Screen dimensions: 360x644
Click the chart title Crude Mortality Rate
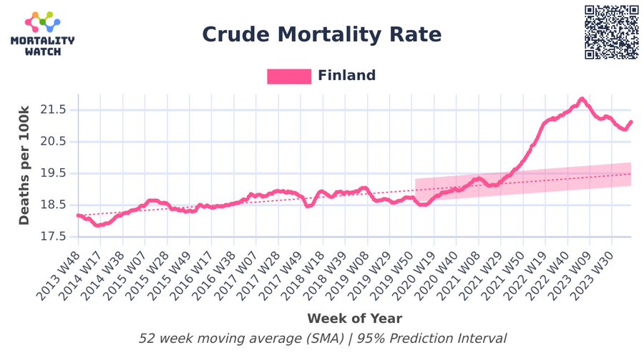point(321,34)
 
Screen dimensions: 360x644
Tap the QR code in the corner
point(612,32)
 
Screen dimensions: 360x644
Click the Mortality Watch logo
point(42,34)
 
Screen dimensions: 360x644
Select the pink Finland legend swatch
point(289,76)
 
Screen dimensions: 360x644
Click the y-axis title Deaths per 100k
point(24,165)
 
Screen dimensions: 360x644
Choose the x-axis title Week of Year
point(354,318)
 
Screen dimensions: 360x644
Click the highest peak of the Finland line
point(582,99)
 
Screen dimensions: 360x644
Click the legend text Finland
point(347,76)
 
